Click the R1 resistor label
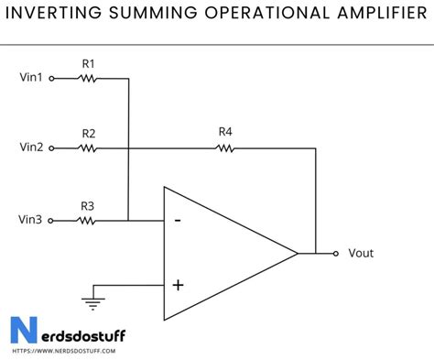(88, 64)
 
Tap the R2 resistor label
(88, 133)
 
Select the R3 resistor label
(88, 205)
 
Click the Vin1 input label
(31, 79)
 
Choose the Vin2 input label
(31, 147)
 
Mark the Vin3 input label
(31, 220)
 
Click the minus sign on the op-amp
(178, 220)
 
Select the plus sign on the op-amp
(178, 285)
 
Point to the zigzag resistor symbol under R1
(88, 79)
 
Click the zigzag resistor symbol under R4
(225, 147)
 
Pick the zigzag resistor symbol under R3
(88, 220)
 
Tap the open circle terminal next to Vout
(336, 254)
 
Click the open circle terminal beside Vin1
(52, 79)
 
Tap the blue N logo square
(20, 331)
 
